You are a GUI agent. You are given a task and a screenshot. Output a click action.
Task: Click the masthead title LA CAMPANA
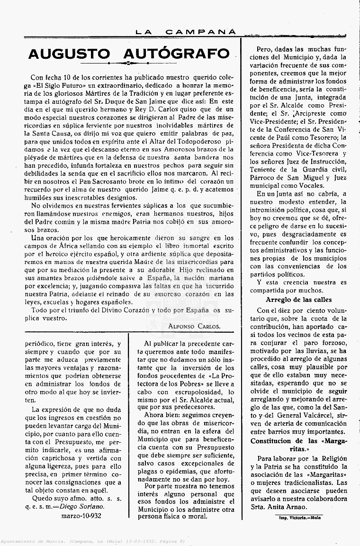[x=186, y=32]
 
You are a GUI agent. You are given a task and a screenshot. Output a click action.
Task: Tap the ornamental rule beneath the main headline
[x=129, y=63]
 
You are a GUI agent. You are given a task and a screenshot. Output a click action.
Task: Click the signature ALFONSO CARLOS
[x=194, y=326]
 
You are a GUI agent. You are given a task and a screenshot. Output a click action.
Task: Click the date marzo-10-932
[x=81, y=516]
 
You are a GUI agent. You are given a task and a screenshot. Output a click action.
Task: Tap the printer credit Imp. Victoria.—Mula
[x=299, y=518]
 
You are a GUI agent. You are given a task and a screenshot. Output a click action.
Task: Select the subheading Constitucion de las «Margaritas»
[x=298, y=445]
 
